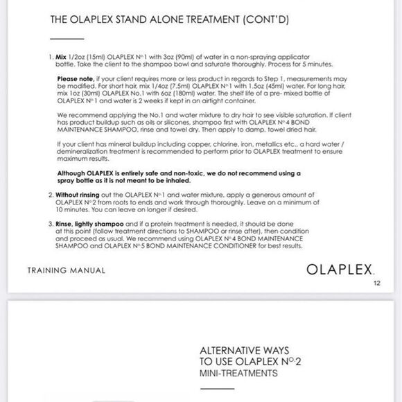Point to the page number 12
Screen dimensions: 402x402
point(376,283)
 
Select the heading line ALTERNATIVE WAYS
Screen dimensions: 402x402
point(244,351)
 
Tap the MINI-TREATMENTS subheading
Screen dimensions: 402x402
point(238,373)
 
